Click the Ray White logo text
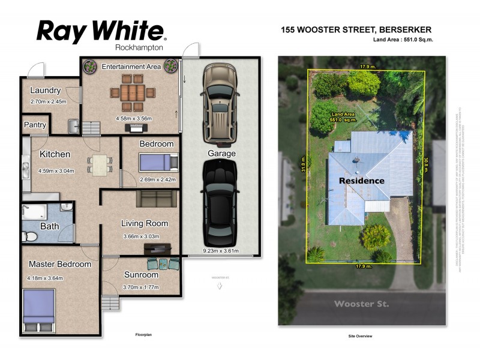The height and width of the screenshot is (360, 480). point(101,31)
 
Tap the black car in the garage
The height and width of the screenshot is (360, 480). point(218,200)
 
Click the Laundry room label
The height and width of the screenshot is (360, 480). point(45,91)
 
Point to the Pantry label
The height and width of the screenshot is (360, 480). point(35,125)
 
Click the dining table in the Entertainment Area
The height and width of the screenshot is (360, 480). point(133,93)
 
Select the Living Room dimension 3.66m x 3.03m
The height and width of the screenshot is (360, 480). point(145,236)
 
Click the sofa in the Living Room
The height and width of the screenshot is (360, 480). point(156,199)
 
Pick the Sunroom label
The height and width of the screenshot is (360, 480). point(141,275)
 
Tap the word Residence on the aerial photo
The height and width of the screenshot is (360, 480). point(361,180)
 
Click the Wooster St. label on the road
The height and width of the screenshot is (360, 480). point(361,304)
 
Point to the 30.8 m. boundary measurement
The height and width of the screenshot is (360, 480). point(427,164)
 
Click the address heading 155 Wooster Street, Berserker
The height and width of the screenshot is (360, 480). point(356,29)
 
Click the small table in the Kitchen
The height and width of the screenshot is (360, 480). point(100,164)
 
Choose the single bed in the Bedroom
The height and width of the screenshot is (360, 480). point(158,163)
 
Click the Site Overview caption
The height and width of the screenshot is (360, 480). point(361,336)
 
